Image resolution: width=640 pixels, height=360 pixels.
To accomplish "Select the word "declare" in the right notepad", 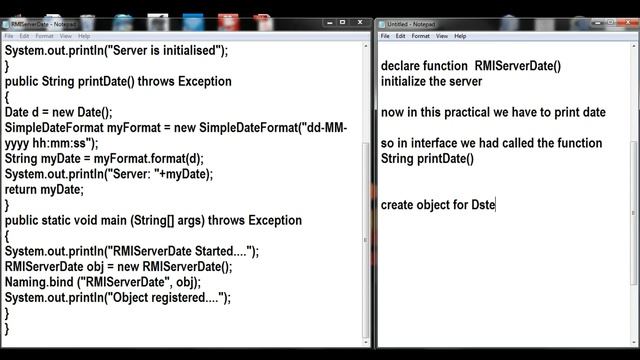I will [403, 66].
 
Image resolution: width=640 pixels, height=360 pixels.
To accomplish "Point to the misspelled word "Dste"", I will [483, 205].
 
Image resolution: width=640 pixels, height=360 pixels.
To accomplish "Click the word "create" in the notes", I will [400, 205].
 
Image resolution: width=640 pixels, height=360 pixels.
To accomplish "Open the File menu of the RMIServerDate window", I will [9, 36].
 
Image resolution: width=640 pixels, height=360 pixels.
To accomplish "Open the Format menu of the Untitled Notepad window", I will [421, 36].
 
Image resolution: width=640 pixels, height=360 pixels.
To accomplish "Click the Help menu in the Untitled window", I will [460, 36].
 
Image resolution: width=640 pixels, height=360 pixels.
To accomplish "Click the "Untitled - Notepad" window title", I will [411, 23].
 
